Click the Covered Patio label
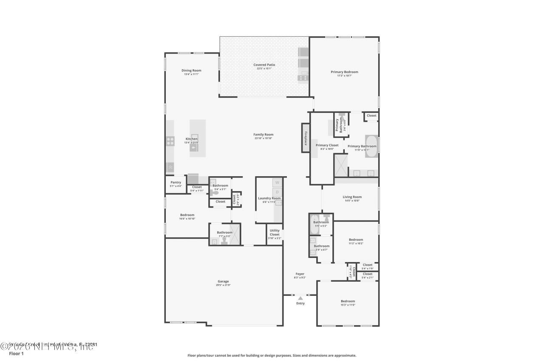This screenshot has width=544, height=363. click(264, 65)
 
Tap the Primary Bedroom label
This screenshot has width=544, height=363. click(344, 72)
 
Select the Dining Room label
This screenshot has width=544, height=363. click(191, 71)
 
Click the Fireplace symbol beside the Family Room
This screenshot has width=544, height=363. click(305, 138)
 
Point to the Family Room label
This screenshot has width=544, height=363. click(263, 134)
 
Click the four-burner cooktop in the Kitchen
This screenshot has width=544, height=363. click(170, 141)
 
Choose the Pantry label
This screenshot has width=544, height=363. click(176, 183)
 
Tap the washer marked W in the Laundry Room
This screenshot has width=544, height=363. click(278, 183)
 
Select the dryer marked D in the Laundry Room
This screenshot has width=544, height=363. click(278, 192)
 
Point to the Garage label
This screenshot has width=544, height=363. click(223, 281)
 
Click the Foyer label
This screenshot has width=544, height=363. click(300, 274)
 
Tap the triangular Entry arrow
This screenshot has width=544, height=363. click(300, 298)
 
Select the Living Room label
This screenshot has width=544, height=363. click(352, 197)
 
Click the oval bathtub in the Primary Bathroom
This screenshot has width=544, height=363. click(371, 146)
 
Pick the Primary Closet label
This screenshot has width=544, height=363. click(327, 145)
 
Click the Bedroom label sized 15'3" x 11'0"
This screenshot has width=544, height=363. click(347, 301)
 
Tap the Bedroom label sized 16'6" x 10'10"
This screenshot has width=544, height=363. click(187, 215)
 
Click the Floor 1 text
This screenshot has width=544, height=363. click(16, 353)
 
